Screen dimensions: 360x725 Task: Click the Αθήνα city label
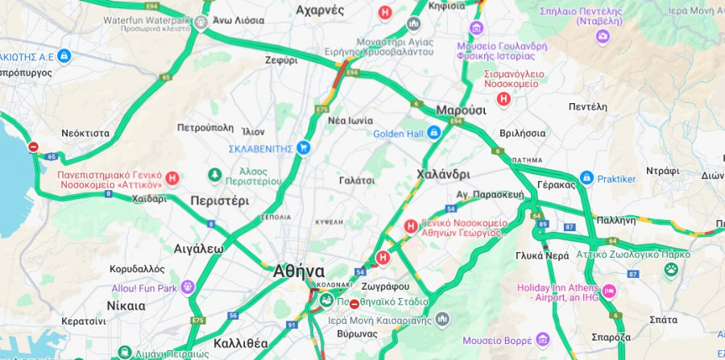coord(299,271)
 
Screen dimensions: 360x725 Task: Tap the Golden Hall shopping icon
coord(434,132)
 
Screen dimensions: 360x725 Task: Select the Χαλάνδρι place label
coord(443,174)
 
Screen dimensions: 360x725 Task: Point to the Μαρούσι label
coord(461,110)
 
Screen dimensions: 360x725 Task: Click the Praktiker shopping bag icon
coord(587,177)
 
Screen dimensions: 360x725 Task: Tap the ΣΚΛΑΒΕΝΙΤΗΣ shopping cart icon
coord(303,147)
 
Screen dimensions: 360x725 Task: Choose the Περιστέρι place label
coord(219,201)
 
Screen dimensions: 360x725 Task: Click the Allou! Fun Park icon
coord(188,287)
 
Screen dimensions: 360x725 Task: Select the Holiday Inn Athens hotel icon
coord(609,291)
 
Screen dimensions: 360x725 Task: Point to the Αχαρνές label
coord(320,10)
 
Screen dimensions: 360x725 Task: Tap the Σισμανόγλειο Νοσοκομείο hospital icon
coord(504,98)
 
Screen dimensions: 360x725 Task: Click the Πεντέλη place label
coord(587,106)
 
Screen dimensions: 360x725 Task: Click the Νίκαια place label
coord(126,306)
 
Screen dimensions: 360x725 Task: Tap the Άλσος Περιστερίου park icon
coord(215,174)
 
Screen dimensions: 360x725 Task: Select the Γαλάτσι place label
coord(357,180)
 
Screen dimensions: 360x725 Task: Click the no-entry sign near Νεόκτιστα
coord(33,147)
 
